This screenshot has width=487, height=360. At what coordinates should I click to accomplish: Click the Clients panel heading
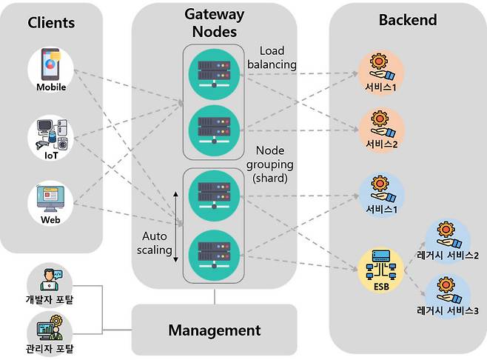pyautogui.click(x=51, y=22)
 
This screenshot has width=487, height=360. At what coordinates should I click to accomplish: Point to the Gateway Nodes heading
pyautogui.click(x=214, y=24)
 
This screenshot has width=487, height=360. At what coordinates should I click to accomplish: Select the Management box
pyautogui.click(x=214, y=330)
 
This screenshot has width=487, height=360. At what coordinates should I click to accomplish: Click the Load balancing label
pyautogui.click(x=278, y=58)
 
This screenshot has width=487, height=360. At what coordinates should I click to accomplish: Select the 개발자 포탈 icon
pyautogui.click(x=50, y=282)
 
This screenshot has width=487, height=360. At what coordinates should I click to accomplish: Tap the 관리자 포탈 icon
pyautogui.click(x=50, y=329)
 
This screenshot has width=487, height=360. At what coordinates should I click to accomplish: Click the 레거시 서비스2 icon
pyautogui.click(x=446, y=238)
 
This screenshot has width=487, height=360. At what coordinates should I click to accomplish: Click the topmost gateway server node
pyautogui.click(x=214, y=71)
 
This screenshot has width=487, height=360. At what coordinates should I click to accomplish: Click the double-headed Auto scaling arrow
pyautogui.click(x=177, y=226)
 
